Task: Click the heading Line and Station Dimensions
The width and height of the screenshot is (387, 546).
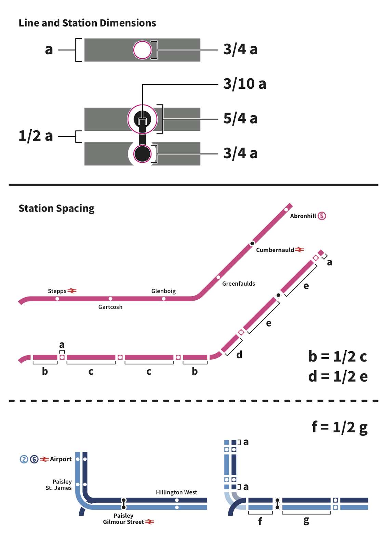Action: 87,23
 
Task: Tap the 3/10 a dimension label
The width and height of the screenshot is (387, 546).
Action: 245,84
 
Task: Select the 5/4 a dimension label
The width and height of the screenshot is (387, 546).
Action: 240,118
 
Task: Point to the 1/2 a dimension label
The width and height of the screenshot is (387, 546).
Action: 36,136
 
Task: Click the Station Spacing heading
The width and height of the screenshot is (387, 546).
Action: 56,209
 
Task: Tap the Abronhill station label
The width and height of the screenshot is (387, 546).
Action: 303,216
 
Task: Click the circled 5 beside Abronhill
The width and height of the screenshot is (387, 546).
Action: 322,216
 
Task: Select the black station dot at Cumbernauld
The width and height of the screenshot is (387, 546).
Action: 252,243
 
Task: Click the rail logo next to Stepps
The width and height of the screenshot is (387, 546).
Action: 72,291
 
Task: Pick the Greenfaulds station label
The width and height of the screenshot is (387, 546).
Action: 239,284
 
